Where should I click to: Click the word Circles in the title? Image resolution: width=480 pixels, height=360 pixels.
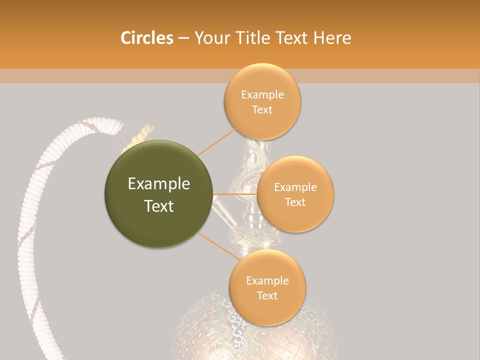(146, 38)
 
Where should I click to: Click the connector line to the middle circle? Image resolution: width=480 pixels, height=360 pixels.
(234, 193)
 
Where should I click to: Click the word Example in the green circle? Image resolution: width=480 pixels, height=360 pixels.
(159, 184)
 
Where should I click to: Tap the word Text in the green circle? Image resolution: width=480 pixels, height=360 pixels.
(159, 206)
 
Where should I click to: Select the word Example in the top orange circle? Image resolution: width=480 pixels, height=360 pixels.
(262, 95)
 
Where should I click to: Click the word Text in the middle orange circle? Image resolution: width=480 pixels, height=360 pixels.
(295, 202)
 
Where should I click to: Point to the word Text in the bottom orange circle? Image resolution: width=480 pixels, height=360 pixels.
(267, 295)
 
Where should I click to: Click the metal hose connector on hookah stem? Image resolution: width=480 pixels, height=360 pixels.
(224, 212)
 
